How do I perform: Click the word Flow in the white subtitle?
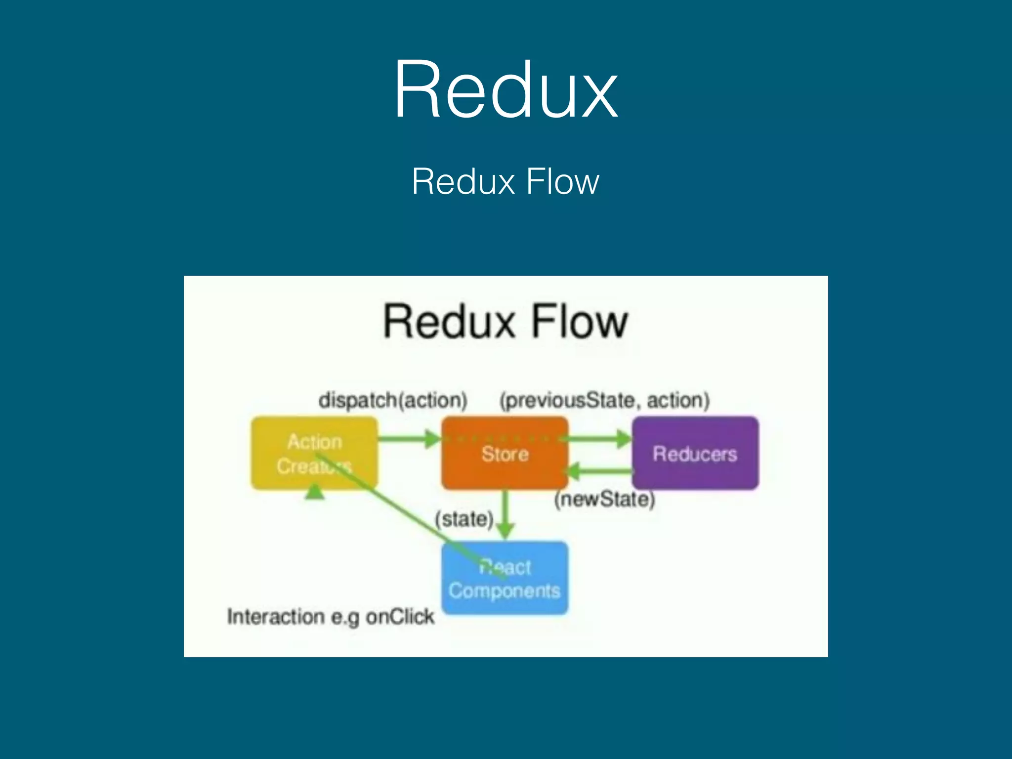click(x=562, y=182)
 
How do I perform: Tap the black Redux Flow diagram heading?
click(x=506, y=322)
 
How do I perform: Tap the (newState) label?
click(x=604, y=499)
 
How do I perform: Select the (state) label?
click(x=464, y=519)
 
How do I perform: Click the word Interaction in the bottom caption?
click(x=276, y=617)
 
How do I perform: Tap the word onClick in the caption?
click(x=400, y=617)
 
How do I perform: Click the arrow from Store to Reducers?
click(x=599, y=438)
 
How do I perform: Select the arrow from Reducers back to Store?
click(x=599, y=471)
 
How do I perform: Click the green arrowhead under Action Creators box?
click(x=315, y=492)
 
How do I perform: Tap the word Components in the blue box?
click(x=505, y=591)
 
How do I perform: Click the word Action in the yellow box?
click(x=315, y=441)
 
